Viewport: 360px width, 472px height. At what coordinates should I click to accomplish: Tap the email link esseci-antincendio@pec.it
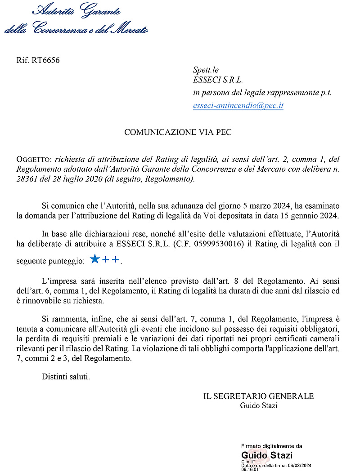coord(238,106)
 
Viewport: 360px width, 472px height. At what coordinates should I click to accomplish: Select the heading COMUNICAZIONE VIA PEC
coord(178,133)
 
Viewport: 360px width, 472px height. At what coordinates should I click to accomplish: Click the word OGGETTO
coord(34,160)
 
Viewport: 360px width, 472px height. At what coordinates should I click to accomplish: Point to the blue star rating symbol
coord(94,259)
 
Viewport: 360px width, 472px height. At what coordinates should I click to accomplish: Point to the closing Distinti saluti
coord(66,376)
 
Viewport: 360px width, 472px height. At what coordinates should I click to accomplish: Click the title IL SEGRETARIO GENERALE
coord(258,396)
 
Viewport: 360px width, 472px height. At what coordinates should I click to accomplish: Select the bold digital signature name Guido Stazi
coord(267,455)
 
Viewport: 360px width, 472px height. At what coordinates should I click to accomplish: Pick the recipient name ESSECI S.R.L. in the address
coord(218,81)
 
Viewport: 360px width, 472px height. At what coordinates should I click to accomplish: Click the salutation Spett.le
coord(206,70)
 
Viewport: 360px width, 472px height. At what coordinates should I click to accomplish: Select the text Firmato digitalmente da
coord(271,446)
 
